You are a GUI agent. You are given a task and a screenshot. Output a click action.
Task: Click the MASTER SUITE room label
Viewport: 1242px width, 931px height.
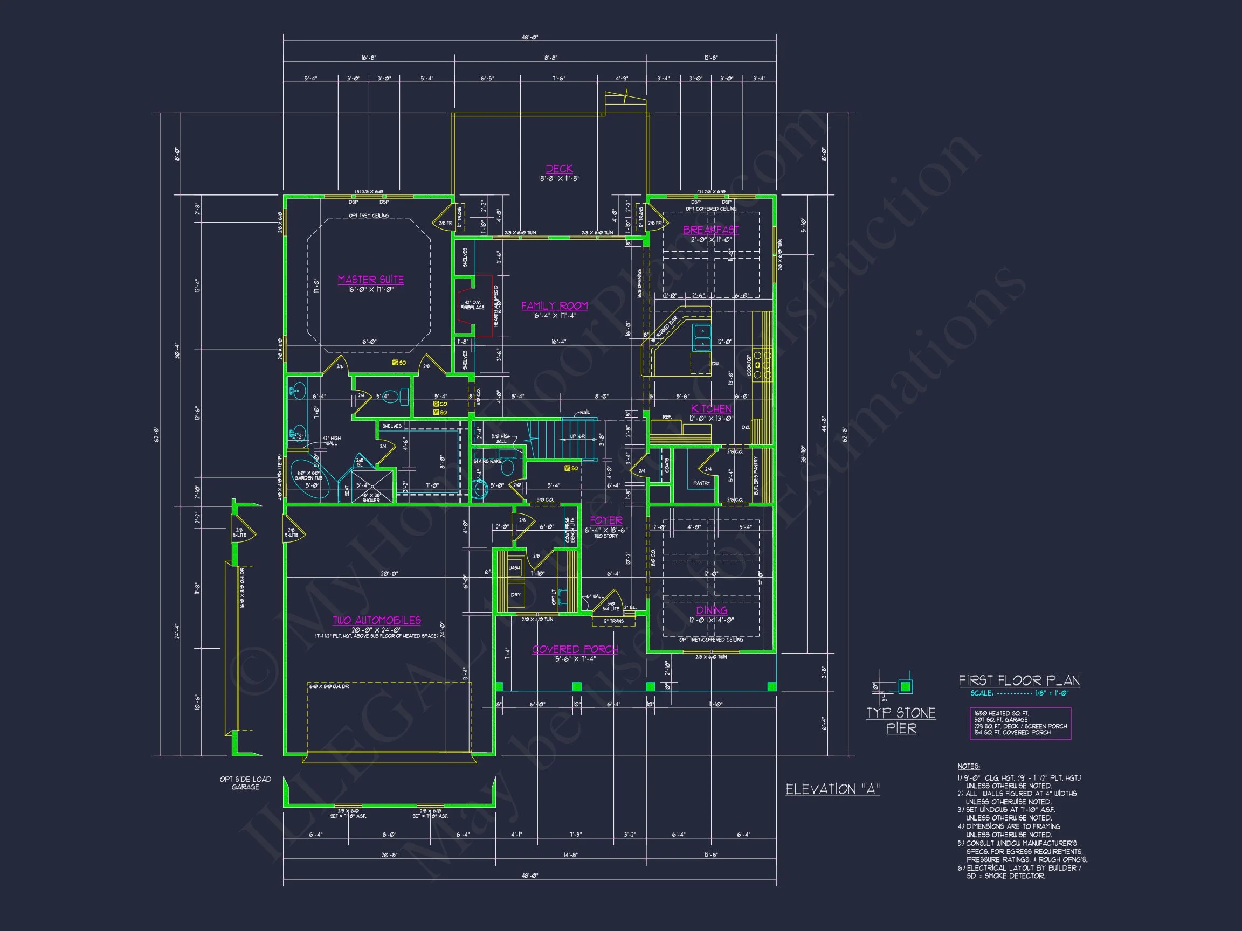pos(370,280)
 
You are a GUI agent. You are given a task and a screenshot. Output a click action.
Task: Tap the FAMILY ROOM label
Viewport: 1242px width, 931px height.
pos(554,306)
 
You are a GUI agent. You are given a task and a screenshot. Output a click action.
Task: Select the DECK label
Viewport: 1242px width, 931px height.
pos(559,168)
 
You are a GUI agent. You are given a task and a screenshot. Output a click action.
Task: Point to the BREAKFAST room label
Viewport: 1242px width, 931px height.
pos(711,230)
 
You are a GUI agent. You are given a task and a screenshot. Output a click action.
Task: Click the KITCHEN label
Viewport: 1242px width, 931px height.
pos(712,408)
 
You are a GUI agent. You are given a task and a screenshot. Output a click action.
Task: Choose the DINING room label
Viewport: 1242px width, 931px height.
pos(712,610)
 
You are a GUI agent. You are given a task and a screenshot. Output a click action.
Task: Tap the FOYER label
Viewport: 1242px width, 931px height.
pos(606,520)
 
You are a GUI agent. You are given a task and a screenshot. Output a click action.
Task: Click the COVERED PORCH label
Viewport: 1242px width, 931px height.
pos(575,649)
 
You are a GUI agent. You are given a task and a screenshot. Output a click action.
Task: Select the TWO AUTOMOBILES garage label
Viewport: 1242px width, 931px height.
pos(377,620)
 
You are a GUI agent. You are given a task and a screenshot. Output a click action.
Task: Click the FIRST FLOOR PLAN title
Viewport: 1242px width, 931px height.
pos(1019,680)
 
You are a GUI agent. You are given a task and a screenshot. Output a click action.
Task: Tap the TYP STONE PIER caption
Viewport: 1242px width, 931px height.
pos(901,720)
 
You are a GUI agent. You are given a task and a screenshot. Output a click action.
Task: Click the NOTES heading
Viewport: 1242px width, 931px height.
pos(969,766)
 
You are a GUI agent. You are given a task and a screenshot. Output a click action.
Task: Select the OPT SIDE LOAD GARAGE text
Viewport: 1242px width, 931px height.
pos(245,783)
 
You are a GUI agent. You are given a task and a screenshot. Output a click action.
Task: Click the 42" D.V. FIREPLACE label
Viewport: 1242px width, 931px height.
pos(472,305)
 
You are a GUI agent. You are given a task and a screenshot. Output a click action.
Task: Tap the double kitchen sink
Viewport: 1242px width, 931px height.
pos(701,337)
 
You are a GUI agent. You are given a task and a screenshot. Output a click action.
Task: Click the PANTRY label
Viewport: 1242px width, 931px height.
pos(701,483)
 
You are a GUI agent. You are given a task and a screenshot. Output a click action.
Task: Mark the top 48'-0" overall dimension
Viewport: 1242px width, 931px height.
pos(529,38)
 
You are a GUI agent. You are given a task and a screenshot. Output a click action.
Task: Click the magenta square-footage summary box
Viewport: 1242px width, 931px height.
pos(1020,723)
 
